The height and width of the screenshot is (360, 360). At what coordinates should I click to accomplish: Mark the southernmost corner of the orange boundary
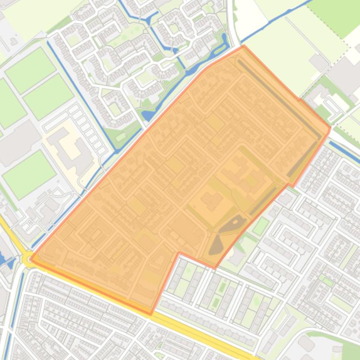pos(151,314)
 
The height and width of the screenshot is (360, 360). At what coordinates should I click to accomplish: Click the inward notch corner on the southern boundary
pos(180,253)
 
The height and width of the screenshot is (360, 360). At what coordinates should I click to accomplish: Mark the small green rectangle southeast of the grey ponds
pos(261,226)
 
